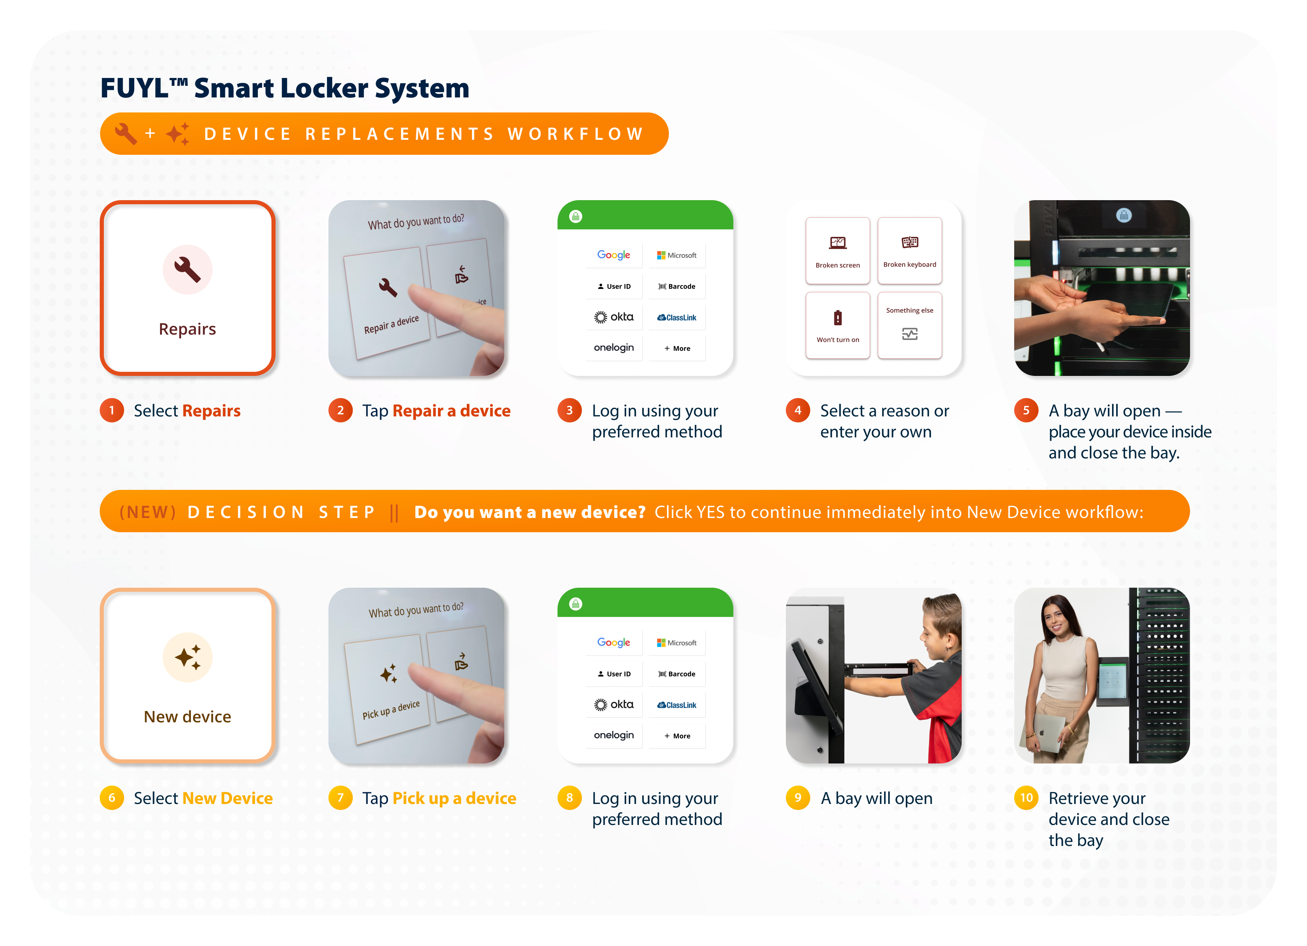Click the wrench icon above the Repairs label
click(x=187, y=269)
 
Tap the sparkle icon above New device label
click(x=188, y=657)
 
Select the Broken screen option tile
click(x=837, y=251)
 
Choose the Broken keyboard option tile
click(x=909, y=251)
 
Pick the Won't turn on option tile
click(x=837, y=325)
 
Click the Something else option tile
click(x=909, y=325)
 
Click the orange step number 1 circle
click(x=112, y=410)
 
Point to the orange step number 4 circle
click(x=797, y=410)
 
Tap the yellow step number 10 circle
click(x=1026, y=797)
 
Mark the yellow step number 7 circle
click(x=340, y=797)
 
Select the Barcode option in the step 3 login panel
click(x=677, y=286)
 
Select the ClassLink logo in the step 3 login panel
click(x=677, y=317)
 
